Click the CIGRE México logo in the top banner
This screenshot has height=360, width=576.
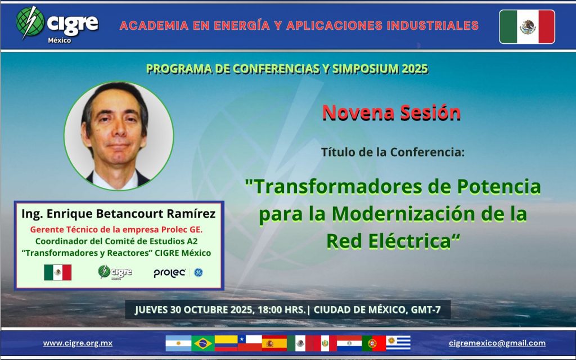click(x=57, y=24)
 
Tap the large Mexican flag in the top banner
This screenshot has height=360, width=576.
click(x=527, y=27)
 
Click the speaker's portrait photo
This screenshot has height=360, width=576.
click(x=119, y=136)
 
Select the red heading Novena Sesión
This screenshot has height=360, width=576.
click(x=391, y=112)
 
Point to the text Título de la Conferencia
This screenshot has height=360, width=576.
click(x=393, y=152)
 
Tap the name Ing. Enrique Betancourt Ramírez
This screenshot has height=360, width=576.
click(x=118, y=213)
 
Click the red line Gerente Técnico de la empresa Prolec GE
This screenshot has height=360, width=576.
click(x=116, y=229)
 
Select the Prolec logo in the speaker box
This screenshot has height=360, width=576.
click(x=169, y=273)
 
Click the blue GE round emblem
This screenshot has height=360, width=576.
click(x=199, y=273)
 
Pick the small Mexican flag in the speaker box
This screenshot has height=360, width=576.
click(x=58, y=273)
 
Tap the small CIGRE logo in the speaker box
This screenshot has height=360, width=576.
click(x=115, y=273)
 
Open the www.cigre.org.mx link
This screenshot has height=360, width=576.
click(x=78, y=343)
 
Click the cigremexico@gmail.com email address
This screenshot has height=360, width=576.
click(x=497, y=343)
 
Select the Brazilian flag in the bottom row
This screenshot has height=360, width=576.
click(x=202, y=344)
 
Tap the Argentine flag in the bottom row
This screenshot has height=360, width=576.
click(x=178, y=344)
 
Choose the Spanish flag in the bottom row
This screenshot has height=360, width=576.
click(x=274, y=344)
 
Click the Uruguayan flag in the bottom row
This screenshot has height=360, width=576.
click(x=398, y=344)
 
